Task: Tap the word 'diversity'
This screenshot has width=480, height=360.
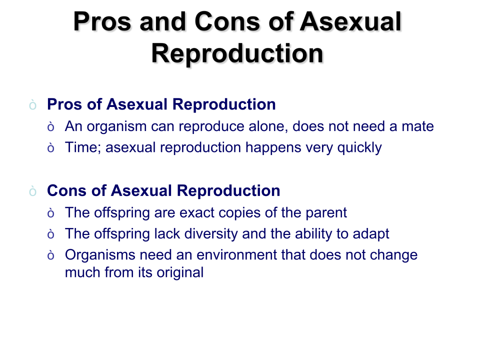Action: click(211, 234)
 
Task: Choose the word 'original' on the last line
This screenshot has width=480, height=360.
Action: click(180, 272)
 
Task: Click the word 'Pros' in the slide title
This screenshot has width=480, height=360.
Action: click(102, 21)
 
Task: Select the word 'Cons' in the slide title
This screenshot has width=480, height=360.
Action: click(227, 21)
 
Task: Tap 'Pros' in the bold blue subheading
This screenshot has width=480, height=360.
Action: click(64, 104)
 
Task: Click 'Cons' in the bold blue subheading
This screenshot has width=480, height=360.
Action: click(66, 190)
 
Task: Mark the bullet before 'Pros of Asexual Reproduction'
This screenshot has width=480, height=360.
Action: click(33, 105)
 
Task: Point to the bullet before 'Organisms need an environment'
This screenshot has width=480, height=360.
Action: click(51, 255)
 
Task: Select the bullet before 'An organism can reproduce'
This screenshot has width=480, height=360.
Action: click(51, 126)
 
